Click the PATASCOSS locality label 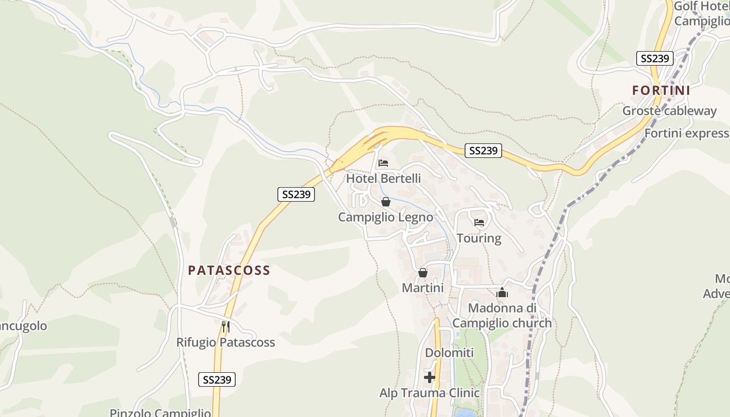click(x=229, y=270)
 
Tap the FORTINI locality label click(x=661, y=90)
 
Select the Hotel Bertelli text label click(x=383, y=178)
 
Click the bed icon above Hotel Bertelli click(x=383, y=163)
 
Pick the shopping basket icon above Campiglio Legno click(x=386, y=202)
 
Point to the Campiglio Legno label click(x=385, y=217)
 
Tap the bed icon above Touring click(x=479, y=223)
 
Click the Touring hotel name click(x=479, y=238)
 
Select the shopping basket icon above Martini click(x=423, y=273)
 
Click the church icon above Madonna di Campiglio click(x=502, y=292)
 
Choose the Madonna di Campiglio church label click(x=502, y=315)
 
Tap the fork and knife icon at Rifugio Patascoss click(x=225, y=327)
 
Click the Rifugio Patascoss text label click(x=225, y=342)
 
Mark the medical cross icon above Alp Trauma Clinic click(x=430, y=377)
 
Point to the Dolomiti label click(x=449, y=353)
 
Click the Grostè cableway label click(x=670, y=111)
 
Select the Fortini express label click(x=687, y=133)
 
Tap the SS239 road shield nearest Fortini click(x=655, y=58)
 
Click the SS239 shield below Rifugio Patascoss click(x=217, y=379)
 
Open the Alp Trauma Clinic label click(x=429, y=393)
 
